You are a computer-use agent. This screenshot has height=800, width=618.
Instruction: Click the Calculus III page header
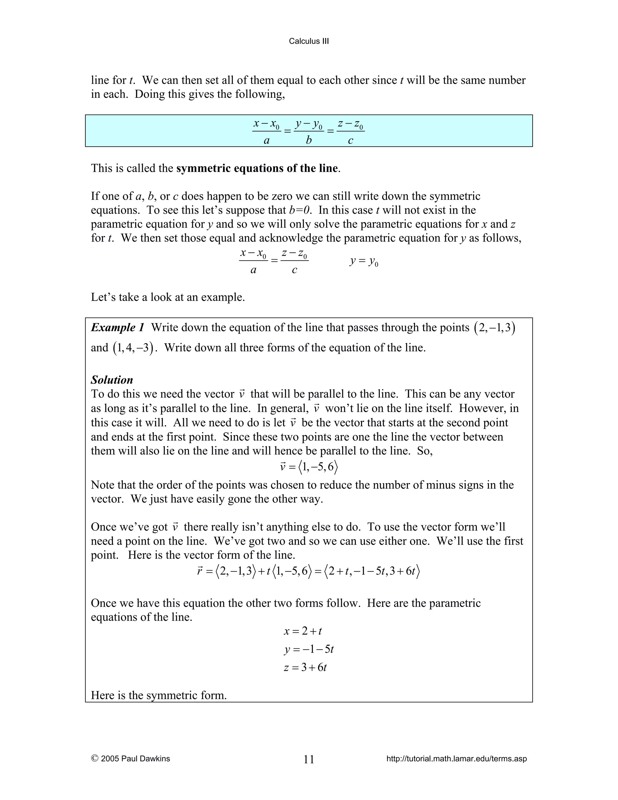pyautogui.click(x=309, y=41)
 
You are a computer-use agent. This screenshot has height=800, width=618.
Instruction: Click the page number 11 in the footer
pyautogui.click(x=309, y=759)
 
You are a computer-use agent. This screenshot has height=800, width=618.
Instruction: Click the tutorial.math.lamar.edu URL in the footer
pyautogui.click(x=456, y=759)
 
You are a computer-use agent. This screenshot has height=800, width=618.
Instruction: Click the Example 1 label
pyautogui.click(x=117, y=327)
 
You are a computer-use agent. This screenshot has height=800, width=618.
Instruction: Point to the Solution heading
pyautogui.click(x=112, y=379)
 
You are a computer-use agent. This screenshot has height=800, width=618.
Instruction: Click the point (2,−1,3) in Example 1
pyautogui.click(x=494, y=328)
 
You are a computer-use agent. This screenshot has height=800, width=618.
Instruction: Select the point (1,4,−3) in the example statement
pyautogui.click(x=132, y=347)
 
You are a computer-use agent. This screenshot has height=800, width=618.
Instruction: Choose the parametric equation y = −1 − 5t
pyautogui.click(x=309, y=649)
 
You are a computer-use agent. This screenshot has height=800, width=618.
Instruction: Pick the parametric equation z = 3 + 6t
pyautogui.click(x=305, y=667)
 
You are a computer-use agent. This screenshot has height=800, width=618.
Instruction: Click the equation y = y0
pyautogui.click(x=364, y=261)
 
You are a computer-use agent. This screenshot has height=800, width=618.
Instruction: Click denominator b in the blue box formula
pyautogui.click(x=309, y=140)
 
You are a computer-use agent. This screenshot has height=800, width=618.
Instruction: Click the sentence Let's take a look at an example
pyautogui.click(x=168, y=297)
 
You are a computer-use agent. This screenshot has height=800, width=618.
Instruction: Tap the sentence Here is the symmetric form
pyautogui.click(x=158, y=695)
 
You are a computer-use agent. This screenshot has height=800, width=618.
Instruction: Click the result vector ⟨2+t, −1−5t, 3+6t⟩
pyautogui.click(x=371, y=571)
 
